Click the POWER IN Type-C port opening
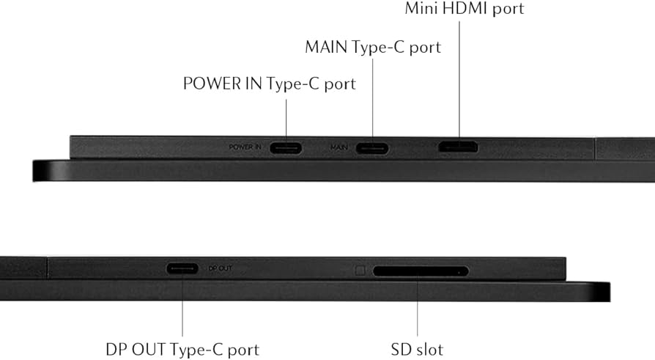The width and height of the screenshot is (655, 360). (x=285, y=147)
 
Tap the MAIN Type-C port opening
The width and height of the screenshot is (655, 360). (x=371, y=147)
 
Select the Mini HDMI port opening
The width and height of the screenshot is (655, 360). (x=458, y=147)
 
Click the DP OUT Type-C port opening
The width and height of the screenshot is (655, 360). (x=182, y=268)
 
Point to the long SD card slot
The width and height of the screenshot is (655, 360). (x=421, y=271)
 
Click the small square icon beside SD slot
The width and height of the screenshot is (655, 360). (x=360, y=270)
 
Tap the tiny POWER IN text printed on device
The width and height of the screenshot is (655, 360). (x=245, y=147)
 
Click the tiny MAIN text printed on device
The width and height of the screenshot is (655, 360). (x=338, y=147)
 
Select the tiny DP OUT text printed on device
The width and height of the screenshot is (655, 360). (x=221, y=268)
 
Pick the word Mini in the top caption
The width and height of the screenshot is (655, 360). (x=422, y=10)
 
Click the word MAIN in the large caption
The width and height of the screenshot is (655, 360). (x=326, y=48)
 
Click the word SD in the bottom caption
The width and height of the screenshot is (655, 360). (x=401, y=348)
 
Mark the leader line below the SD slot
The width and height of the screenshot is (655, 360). (x=418, y=308)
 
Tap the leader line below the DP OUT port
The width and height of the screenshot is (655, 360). (x=182, y=308)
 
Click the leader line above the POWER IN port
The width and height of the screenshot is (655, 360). (x=285, y=117)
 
